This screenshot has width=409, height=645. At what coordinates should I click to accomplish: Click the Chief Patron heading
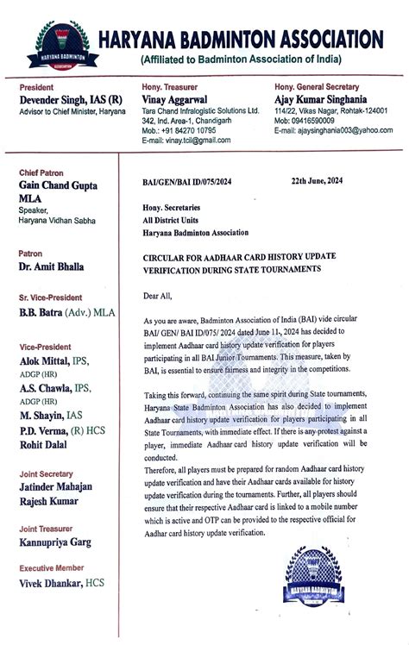41,172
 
